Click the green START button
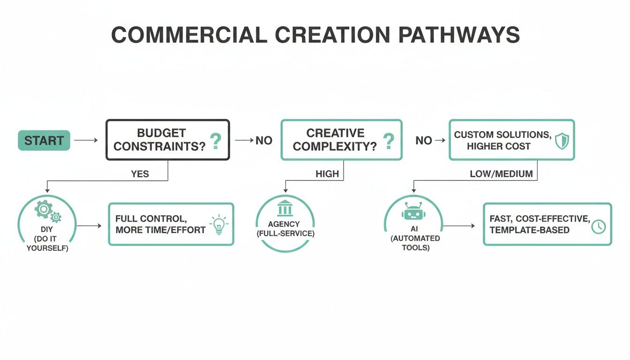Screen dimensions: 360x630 click(x=44, y=140)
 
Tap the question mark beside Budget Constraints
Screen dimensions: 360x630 click(x=215, y=141)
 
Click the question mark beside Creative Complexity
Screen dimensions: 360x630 click(x=388, y=141)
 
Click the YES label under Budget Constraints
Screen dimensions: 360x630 click(x=140, y=174)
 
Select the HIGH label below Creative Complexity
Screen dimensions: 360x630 click(x=327, y=174)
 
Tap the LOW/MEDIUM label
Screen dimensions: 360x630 click(x=501, y=174)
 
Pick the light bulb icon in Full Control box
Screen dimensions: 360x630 click(x=218, y=224)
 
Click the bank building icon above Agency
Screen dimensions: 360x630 click(x=285, y=208)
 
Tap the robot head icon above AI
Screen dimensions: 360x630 click(x=412, y=211)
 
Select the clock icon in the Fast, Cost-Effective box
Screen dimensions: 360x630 click(x=598, y=226)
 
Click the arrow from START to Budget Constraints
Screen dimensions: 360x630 click(x=86, y=140)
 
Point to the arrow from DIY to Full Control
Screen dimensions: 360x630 click(x=89, y=226)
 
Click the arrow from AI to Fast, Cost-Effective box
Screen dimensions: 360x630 click(x=458, y=226)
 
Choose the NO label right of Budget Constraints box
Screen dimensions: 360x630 click(x=264, y=141)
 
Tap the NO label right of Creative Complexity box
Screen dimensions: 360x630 click(x=424, y=141)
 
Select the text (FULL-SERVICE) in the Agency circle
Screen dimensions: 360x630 click(x=285, y=233)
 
